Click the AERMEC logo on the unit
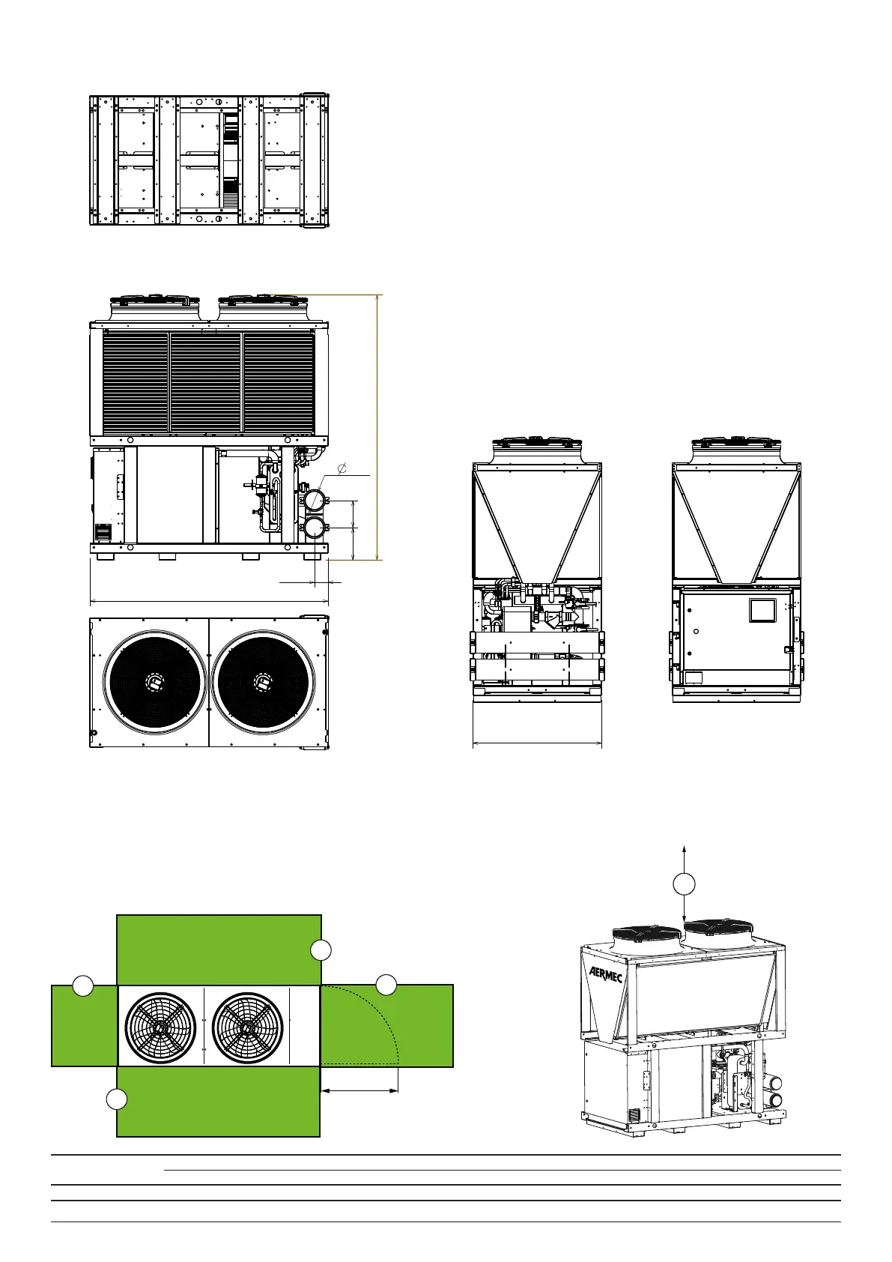point(606,974)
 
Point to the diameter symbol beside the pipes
point(342,468)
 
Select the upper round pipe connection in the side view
point(314,501)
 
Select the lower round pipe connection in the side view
point(314,528)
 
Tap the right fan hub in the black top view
point(262,682)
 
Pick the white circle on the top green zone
point(321,951)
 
